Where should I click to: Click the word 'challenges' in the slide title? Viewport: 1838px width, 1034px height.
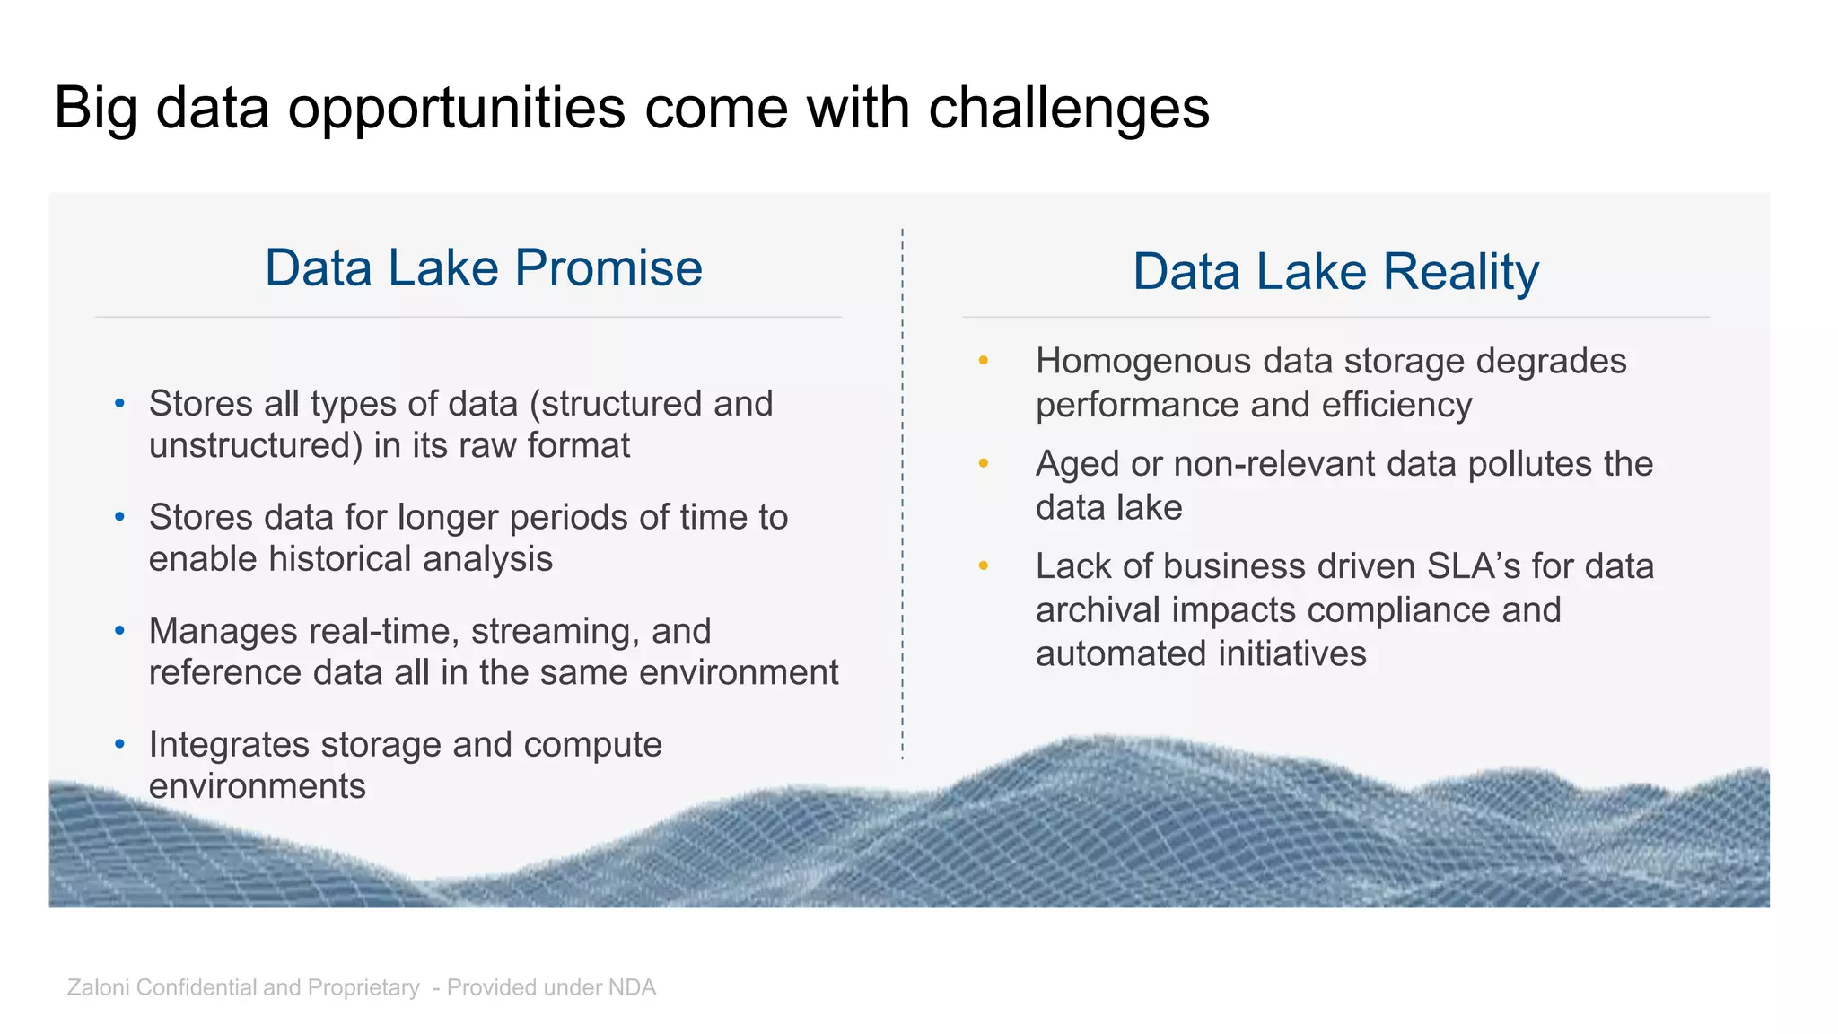pyautogui.click(x=1068, y=108)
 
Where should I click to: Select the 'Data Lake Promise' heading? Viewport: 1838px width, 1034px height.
pyautogui.click(x=483, y=267)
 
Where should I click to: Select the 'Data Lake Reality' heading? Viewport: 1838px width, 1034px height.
pyautogui.click(x=1335, y=271)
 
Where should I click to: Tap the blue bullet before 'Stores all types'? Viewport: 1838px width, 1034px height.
pyautogui.click(x=120, y=404)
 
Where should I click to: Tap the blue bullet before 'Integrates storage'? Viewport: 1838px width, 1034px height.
pyautogui.click(x=120, y=744)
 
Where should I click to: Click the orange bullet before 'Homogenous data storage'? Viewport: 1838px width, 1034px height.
pyautogui.click(x=984, y=361)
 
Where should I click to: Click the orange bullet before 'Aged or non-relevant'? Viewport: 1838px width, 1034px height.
pyautogui.click(x=984, y=464)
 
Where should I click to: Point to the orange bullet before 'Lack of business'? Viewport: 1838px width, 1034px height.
pyautogui.click(x=984, y=566)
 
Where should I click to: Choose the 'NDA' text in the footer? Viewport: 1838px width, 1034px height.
pyautogui.click(x=632, y=987)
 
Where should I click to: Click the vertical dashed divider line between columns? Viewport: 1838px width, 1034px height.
pyautogui.click(x=903, y=494)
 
